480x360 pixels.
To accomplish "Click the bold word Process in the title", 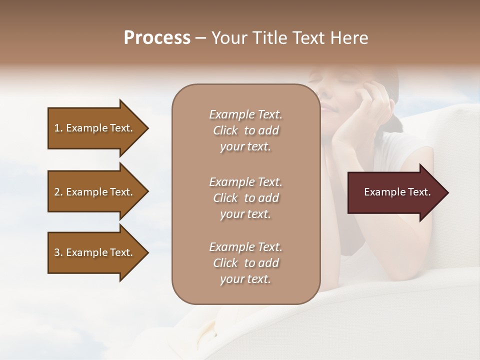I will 157,38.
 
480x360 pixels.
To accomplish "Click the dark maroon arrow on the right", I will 395,192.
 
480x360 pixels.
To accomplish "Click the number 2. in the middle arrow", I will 58,192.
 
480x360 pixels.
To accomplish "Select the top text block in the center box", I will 245,130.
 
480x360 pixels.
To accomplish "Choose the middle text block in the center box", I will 245,198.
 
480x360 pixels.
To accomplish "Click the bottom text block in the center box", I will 245,263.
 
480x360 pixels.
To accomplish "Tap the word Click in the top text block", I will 225,130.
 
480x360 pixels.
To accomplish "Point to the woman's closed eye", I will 316,80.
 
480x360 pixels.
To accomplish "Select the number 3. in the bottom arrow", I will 58,252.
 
